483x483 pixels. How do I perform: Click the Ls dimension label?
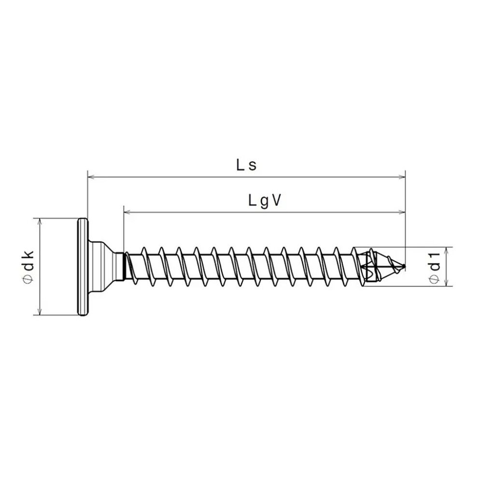coord(246,166)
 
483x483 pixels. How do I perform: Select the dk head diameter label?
coord(28,266)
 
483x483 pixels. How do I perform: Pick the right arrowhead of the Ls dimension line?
coord(402,177)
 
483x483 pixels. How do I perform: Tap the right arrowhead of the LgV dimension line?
coord(402,212)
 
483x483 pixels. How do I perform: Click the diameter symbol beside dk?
coord(28,279)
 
